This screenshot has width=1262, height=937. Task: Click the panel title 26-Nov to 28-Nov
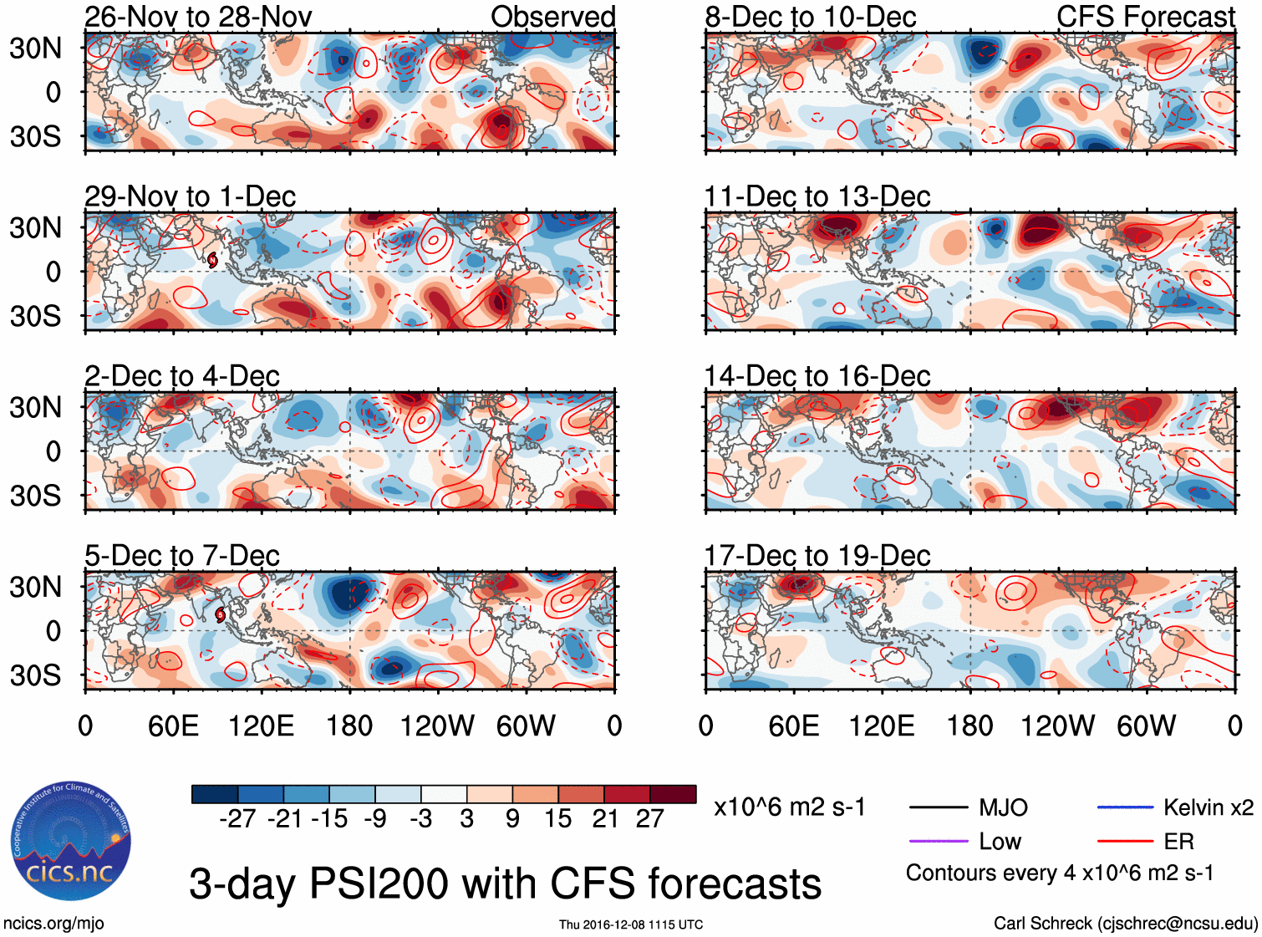198,17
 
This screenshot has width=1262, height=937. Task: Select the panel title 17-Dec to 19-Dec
817,556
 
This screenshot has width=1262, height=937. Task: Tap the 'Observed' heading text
552,17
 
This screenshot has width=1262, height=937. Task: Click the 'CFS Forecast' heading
1145,17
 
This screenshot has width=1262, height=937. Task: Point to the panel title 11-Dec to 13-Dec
817,196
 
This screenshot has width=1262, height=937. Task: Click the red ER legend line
1125,841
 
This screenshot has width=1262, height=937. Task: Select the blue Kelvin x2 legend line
1125,807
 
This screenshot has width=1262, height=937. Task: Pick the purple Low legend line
939,841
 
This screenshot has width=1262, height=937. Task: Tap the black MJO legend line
939,807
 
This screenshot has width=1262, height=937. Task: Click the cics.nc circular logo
70,841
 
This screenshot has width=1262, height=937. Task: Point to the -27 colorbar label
237,818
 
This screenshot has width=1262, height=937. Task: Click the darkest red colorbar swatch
673,794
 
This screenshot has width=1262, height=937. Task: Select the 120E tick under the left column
262,726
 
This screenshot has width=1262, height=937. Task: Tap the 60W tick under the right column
1146,726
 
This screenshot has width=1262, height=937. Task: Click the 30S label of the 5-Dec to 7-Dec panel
35,675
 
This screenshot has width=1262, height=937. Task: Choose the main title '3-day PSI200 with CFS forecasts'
505,884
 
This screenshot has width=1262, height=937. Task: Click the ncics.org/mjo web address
53,924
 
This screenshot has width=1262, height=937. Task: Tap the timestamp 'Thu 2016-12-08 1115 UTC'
631,924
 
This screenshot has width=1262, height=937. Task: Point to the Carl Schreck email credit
1125,924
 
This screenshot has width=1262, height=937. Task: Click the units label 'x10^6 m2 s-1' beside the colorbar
789,807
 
